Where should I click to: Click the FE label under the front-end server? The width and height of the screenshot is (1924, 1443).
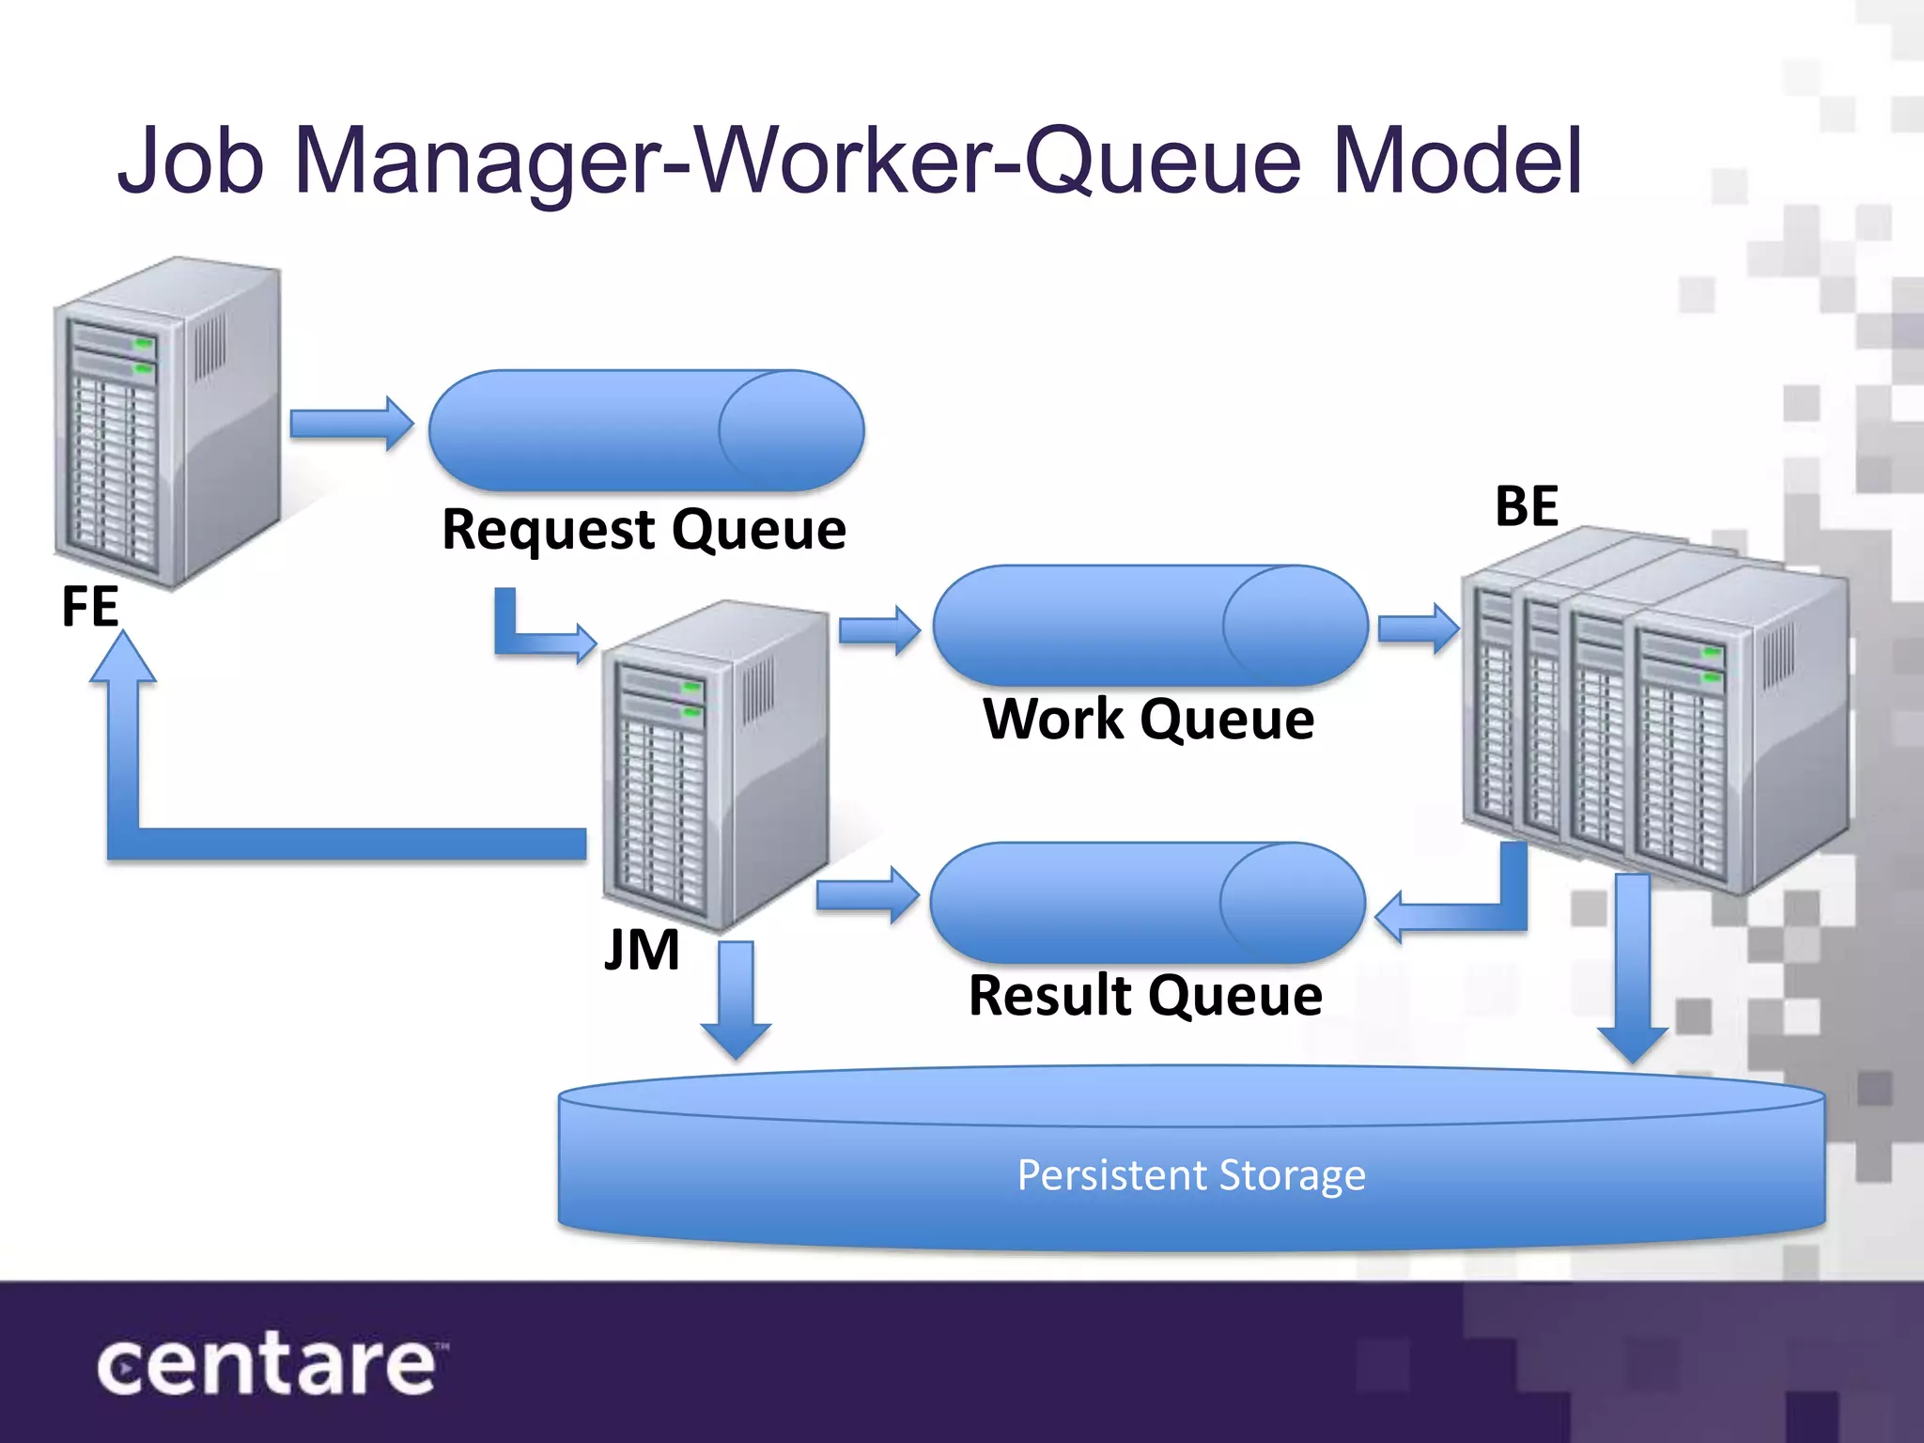(90, 606)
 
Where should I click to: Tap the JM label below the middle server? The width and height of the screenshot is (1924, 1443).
(643, 950)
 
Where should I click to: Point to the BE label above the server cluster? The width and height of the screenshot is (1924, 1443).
(1527, 506)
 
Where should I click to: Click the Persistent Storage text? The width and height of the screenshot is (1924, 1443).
(1191, 1175)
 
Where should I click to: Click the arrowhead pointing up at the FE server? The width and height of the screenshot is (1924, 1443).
(123, 658)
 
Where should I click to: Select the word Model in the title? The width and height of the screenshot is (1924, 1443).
(1457, 162)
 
